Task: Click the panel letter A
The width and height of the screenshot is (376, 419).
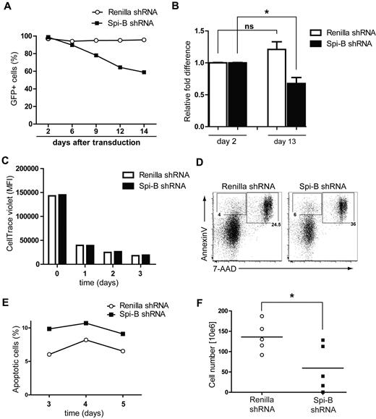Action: (7, 7)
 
